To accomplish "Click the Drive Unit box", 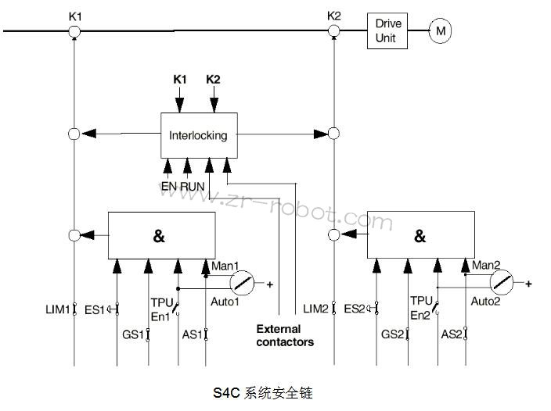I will coord(388,30).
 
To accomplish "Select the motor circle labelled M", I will coord(441,31).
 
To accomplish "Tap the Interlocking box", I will coord(198,135).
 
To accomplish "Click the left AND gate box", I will coord(160,234).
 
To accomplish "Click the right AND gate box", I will coord(420,234).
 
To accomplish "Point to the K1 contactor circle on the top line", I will coord(74,31).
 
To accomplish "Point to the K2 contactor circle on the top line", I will coord(334,31).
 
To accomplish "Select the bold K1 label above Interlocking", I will coord(180,80).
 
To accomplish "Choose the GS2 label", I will coord(392,334).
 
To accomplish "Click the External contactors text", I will coord(285,335).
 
